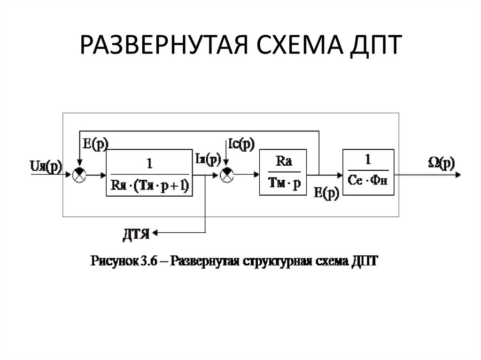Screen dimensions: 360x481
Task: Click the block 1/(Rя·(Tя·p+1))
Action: click(149, 173)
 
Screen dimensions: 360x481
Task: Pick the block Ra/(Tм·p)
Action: click(283, 173)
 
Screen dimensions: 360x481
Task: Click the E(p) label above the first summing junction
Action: click(95, 144)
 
